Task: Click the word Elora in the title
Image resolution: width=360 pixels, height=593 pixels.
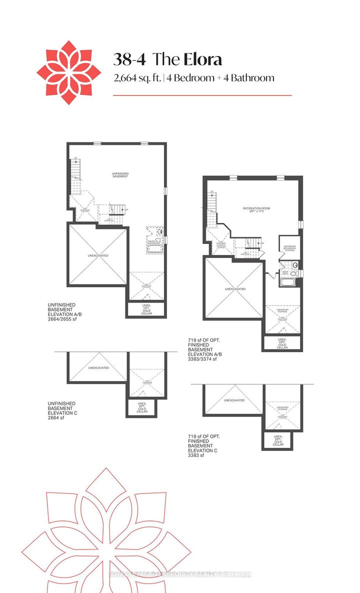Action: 202,59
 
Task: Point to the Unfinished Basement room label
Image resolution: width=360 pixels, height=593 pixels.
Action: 120,175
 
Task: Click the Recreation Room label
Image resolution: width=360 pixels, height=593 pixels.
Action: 253,209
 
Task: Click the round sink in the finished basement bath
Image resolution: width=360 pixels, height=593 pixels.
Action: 295,265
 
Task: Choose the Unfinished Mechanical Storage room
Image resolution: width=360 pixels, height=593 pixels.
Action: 289,247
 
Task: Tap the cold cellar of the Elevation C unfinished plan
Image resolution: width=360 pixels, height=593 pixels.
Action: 141,408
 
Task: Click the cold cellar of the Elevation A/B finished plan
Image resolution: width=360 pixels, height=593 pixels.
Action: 282,343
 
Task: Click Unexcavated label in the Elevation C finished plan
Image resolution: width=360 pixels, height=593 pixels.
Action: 234,400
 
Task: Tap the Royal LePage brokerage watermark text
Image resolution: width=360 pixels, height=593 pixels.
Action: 180,574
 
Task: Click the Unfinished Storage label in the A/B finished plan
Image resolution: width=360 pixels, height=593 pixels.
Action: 283,310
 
